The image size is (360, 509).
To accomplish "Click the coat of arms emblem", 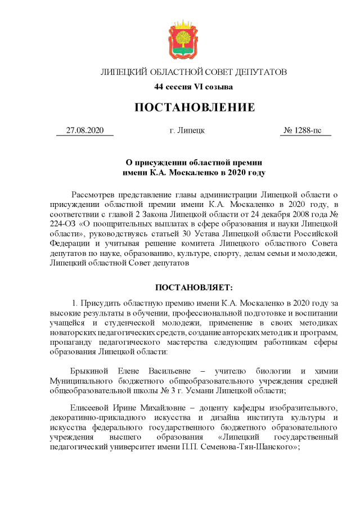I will (180, 39).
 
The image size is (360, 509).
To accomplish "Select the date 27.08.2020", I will (85, 130).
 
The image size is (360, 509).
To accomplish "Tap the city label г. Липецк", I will (187, 130).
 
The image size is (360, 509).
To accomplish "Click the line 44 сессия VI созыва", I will (193, 87).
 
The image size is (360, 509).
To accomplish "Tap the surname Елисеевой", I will (91, 407).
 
